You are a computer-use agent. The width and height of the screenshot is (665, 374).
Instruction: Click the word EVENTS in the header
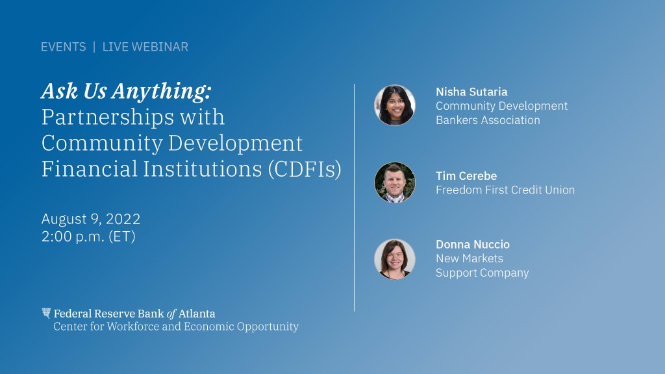(x=63, y=47)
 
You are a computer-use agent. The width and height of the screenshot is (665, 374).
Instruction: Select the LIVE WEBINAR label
(x=145, y=47)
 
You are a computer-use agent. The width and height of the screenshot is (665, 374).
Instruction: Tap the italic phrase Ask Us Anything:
(x=127, y=92)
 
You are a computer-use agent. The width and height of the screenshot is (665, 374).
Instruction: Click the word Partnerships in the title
(x=108, y=118)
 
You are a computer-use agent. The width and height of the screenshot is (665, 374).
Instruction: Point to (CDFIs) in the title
(x=305, y=169)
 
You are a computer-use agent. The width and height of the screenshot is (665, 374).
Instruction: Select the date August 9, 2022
(x=91, y=219)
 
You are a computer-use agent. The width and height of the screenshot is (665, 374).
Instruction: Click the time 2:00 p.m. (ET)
(x=88, y=236)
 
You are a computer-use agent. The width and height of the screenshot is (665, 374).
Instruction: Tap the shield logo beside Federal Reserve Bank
(x=46, y=313)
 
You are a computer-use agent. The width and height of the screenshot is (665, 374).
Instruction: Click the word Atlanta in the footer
(x=197, y=314)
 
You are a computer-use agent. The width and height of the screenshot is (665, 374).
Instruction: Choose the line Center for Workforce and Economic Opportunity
(x=176, y=327)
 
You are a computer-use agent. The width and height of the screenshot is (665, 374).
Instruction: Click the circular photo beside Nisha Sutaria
(x=395, y=105)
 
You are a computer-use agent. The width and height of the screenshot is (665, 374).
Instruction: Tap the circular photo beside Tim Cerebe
(x=395, y=182)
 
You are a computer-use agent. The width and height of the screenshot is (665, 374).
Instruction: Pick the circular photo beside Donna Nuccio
(x=395, y=259)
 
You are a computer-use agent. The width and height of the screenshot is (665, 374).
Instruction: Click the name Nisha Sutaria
(x=471, y=92)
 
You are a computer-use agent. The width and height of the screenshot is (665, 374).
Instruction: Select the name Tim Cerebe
(x=466, y=175)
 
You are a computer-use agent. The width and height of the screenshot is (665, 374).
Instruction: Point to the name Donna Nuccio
(x=473, y=244)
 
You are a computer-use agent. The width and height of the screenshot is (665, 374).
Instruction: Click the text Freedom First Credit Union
(x=505, y=190)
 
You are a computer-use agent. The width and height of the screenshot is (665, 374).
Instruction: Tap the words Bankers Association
(x=488, y=120)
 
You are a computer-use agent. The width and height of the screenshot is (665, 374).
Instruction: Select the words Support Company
(x=483, y=273)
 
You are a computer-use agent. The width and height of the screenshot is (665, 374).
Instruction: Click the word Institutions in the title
(x=203, y=169)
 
